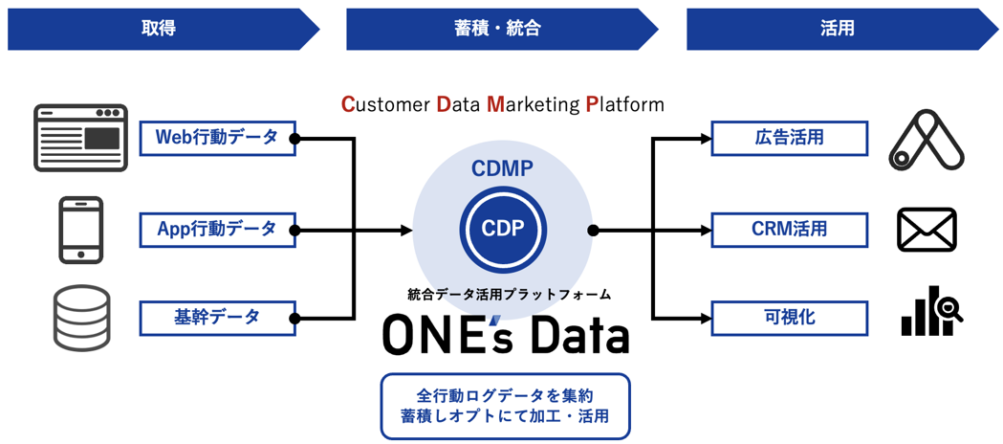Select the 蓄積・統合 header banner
coord(497,29)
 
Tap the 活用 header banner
coord(837,29)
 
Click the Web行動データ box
coord(217,138)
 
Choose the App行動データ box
coord(217,230)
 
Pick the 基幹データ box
coord(217,318)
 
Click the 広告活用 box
coord(789,138)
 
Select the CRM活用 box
coord(789,230)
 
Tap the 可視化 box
coord(789,318)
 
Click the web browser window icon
coord(80,138)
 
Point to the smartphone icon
coord(80,230)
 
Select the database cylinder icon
coord(81,319)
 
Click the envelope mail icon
coord(926,230)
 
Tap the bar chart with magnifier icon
coord(930,312)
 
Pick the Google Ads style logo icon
coord(927,141)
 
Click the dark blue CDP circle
coord(502,230)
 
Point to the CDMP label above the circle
coord(502,169)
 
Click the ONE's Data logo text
coord(506,335)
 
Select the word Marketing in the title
coord(532,103)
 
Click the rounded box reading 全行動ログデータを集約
coord(505,406)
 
